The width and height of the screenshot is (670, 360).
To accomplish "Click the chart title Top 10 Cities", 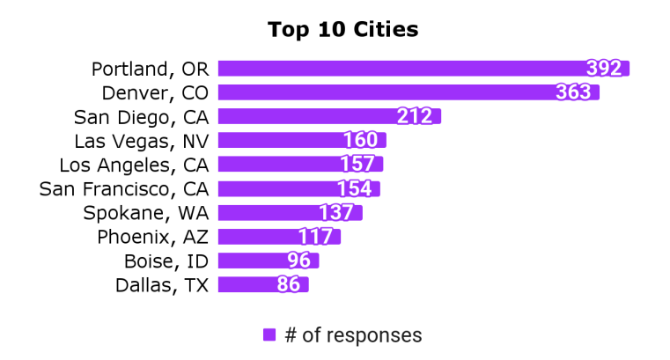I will [342, 30].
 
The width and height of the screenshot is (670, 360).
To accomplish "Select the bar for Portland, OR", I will [396, 69].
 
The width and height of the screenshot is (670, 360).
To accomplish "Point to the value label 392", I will [605, 69].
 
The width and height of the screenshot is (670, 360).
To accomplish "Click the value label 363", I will [575, 92].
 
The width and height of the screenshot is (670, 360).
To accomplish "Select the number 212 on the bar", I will [415, 116].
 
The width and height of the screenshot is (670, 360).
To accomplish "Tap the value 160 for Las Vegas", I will [360, 140].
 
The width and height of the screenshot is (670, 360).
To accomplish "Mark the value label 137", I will [336, 212].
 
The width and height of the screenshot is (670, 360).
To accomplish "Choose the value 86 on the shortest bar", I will [289, 284].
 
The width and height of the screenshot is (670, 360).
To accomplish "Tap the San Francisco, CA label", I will [124, 188].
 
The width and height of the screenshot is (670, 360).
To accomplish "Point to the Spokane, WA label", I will [145, 212].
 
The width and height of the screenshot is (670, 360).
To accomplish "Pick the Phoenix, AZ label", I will [152, 236].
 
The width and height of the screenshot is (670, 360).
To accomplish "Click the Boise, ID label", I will [166, 261].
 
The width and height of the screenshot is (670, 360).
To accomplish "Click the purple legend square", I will [269, 334].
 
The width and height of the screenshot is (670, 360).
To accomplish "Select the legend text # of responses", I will [353, 334].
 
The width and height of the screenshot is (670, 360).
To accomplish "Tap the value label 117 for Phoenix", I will [314, 236].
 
